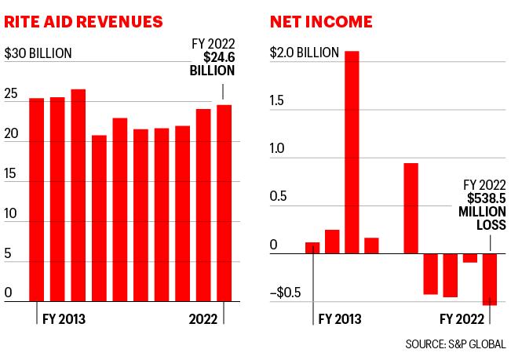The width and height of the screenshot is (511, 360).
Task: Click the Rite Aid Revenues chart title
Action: coord(83,22)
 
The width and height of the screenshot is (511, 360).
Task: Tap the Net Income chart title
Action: coord(321,22)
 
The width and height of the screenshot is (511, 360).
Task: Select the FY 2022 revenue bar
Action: coord(224,203)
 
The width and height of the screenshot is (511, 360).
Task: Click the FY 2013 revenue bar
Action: coord(36,200)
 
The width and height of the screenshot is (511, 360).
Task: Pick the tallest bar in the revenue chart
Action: coord(78,195)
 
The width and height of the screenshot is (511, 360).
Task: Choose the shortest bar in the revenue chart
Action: coord(99,218)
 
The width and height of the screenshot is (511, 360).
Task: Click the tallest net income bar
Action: coord(352,152)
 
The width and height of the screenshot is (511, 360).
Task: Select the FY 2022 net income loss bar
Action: coord(490,279)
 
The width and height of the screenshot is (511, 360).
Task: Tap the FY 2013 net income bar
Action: coord(312,248)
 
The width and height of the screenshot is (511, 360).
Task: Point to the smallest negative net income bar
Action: coord(470,258)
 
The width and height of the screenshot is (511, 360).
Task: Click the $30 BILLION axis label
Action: coord(38,53)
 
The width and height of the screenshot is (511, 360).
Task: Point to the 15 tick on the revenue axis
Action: coord(10,174)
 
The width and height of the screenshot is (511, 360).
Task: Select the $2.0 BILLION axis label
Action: coord(305,53)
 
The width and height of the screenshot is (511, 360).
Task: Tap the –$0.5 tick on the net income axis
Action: coord(286,293)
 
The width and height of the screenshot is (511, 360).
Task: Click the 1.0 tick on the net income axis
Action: coord(277,148)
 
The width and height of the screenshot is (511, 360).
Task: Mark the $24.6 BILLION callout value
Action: coord(213,64)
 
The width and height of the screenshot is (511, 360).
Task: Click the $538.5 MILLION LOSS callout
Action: coord(482,212)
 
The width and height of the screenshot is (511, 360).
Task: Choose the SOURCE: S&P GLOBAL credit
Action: coord(455,344)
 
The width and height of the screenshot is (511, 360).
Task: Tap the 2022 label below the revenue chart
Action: coord(203,319)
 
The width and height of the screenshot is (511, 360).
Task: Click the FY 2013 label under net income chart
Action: coord(340,319)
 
